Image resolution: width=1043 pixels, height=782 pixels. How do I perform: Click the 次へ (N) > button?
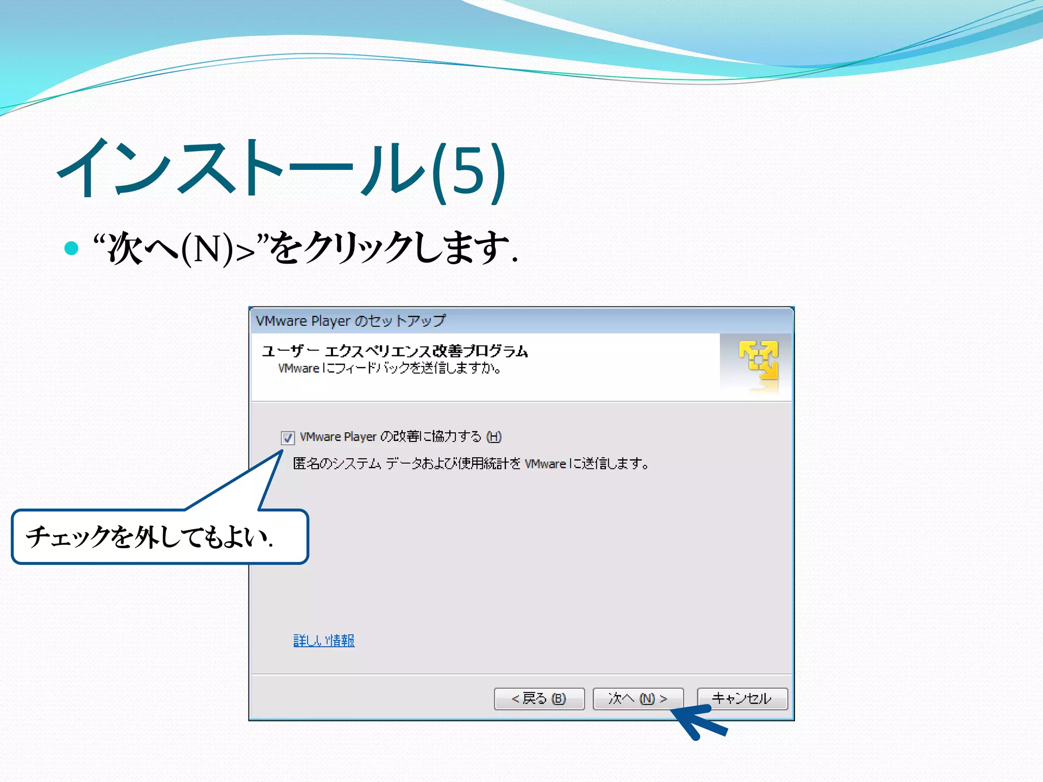(638, 699)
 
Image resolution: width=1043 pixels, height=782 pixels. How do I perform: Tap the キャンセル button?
(742, 699)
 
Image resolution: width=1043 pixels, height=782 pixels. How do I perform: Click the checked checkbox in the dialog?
(288, 437)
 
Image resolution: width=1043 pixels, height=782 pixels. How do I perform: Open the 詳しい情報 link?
(324, 640)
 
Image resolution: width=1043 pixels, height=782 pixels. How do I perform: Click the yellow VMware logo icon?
(759, 360)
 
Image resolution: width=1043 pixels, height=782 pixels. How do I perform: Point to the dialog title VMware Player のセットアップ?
(350, 321)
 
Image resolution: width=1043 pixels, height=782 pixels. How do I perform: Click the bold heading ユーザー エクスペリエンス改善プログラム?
(395, 351)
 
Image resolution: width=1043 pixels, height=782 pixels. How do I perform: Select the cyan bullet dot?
(71, 248)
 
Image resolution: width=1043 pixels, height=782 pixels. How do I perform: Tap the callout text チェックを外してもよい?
(149, 537)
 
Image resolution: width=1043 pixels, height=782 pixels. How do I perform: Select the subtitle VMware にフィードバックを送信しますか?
(390, 368)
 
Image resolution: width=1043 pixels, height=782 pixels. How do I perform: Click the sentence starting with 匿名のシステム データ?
(471, 464)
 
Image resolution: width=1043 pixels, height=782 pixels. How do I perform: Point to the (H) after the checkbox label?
(494, 437)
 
